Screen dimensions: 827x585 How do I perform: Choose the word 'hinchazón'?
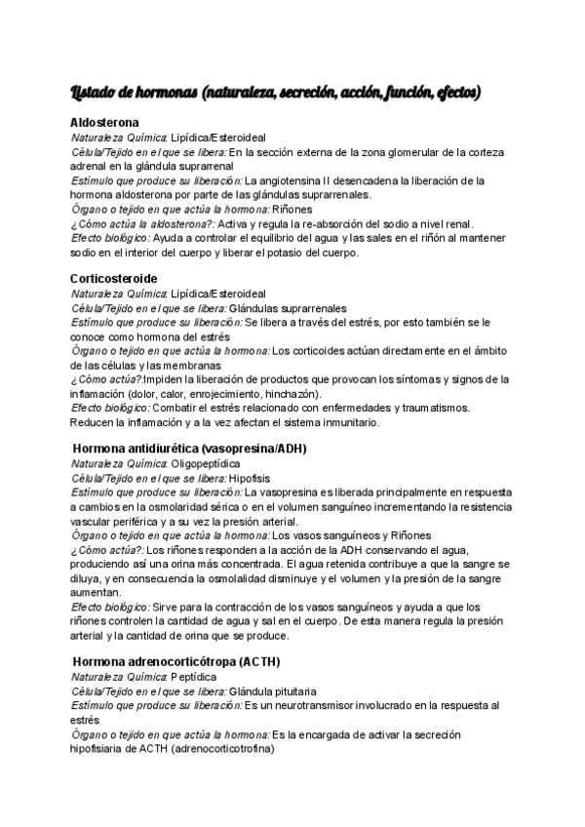291,394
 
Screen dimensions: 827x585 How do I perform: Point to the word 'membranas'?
185,365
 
